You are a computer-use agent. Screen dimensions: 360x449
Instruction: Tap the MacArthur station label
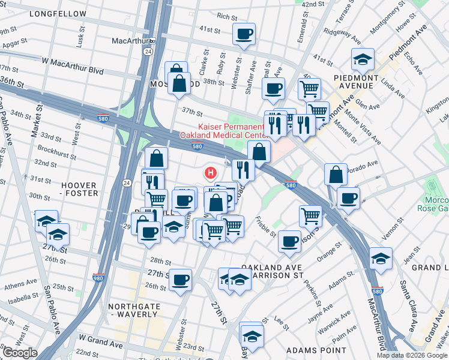(130, 41)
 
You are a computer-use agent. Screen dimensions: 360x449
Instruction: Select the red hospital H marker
(210, 173)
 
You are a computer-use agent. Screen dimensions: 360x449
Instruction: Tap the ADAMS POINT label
(316, 350)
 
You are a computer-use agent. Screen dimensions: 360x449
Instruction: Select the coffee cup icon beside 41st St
(244, 34)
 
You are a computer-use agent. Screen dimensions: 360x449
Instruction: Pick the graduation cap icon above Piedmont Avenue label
(363, 59)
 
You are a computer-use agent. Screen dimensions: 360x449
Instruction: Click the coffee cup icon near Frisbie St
(289, 241)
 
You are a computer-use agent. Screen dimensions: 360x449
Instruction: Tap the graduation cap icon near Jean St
(381, 258)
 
